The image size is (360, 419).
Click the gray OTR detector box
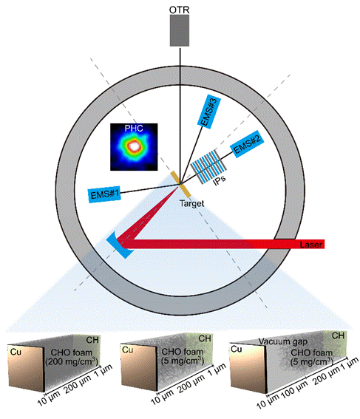point(180,30)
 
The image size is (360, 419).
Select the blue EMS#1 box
point(104,194)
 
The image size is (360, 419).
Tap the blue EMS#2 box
point(247,144)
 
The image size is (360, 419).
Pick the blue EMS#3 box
point(209,112)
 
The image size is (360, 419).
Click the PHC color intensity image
point(134,147)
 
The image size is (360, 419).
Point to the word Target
point(191,204)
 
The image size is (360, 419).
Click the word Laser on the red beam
point(310,245)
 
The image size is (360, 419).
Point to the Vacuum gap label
point(283,341)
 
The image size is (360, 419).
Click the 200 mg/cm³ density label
point(72,362)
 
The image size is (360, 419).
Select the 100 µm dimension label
point(294,390)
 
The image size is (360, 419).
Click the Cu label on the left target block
point(16,352)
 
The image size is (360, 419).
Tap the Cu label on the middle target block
point(127,350)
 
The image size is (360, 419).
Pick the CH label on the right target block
point(338,335)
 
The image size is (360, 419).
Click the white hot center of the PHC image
point(134,146)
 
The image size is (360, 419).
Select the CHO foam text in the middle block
point(183,352)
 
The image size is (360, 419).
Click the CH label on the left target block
point(92,340)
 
